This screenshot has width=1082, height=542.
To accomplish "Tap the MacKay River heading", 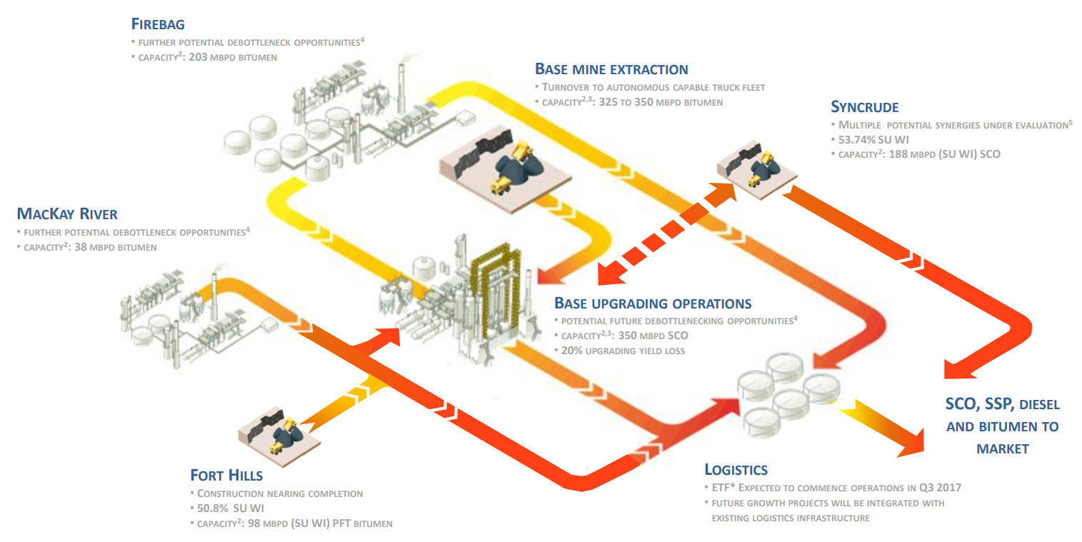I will point(67,214).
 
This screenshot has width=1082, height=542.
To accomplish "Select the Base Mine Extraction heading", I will point(611,69).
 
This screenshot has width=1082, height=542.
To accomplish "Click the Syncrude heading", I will point(864,107).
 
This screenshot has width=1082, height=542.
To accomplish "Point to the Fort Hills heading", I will point(226,476).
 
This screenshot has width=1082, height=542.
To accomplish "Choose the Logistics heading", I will point(736,470).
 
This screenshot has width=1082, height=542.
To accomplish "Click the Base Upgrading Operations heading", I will point(653,303).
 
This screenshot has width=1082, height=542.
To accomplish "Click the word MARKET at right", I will point(1002,449).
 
